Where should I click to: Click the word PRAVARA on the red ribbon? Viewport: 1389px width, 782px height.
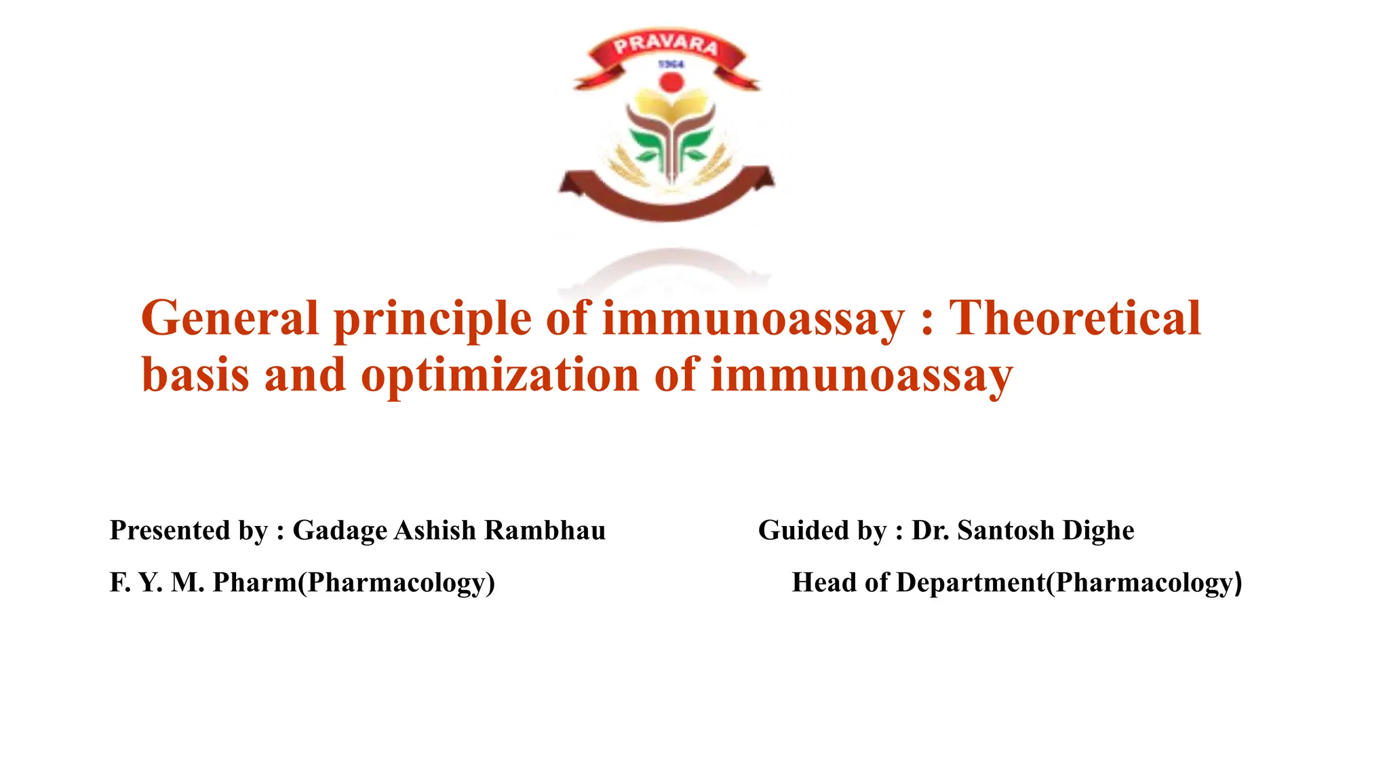[x=666, y=46]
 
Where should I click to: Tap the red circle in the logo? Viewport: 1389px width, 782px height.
[x=671, y=83]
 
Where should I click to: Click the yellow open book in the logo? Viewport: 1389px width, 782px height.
[x=670, y=109]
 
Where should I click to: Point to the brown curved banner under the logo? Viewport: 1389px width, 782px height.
[x=666, y=200]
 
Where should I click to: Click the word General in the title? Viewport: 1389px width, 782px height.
[x=229, y=319]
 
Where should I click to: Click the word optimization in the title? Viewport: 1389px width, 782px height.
[x=500, y=375]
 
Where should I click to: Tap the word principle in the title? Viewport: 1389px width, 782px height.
[x=433, y=319]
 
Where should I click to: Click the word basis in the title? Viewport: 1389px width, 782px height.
[x=195, y=375]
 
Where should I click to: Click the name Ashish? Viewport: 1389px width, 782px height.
[x=435, y=530]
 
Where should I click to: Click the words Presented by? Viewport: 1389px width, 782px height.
[x=189, y=530]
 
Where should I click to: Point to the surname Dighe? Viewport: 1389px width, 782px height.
[x=1098, y=530]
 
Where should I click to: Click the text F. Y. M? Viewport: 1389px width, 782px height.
[x=157, y=582]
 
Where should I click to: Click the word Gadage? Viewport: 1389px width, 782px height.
[x=340, y=530]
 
